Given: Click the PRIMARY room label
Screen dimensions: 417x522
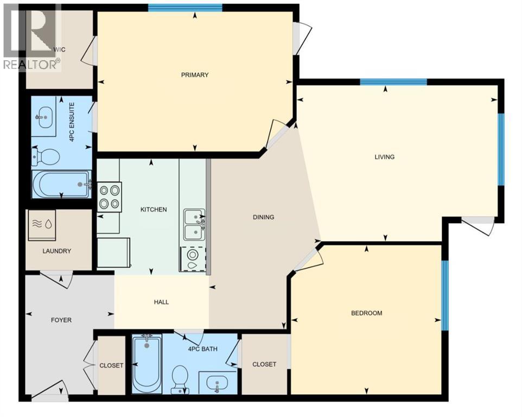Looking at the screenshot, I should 195,75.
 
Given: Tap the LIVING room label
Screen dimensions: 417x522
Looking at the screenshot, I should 384,157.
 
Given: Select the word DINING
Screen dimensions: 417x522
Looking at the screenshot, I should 264,217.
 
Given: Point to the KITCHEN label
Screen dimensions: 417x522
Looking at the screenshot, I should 154,210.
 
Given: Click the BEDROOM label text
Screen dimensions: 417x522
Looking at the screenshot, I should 367,313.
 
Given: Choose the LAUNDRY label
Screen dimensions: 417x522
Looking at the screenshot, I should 57,251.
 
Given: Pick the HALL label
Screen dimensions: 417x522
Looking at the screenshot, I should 161,302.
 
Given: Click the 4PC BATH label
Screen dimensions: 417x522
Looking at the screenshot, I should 203,349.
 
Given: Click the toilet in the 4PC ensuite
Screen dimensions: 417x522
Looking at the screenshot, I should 46,157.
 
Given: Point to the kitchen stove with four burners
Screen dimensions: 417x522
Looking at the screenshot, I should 109,197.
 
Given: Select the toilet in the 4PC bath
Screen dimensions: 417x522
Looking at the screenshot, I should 179,379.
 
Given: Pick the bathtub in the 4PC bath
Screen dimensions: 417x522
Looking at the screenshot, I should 147,363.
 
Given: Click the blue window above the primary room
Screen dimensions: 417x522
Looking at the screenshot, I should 185,8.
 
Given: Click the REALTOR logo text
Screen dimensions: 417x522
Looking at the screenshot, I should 31,64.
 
